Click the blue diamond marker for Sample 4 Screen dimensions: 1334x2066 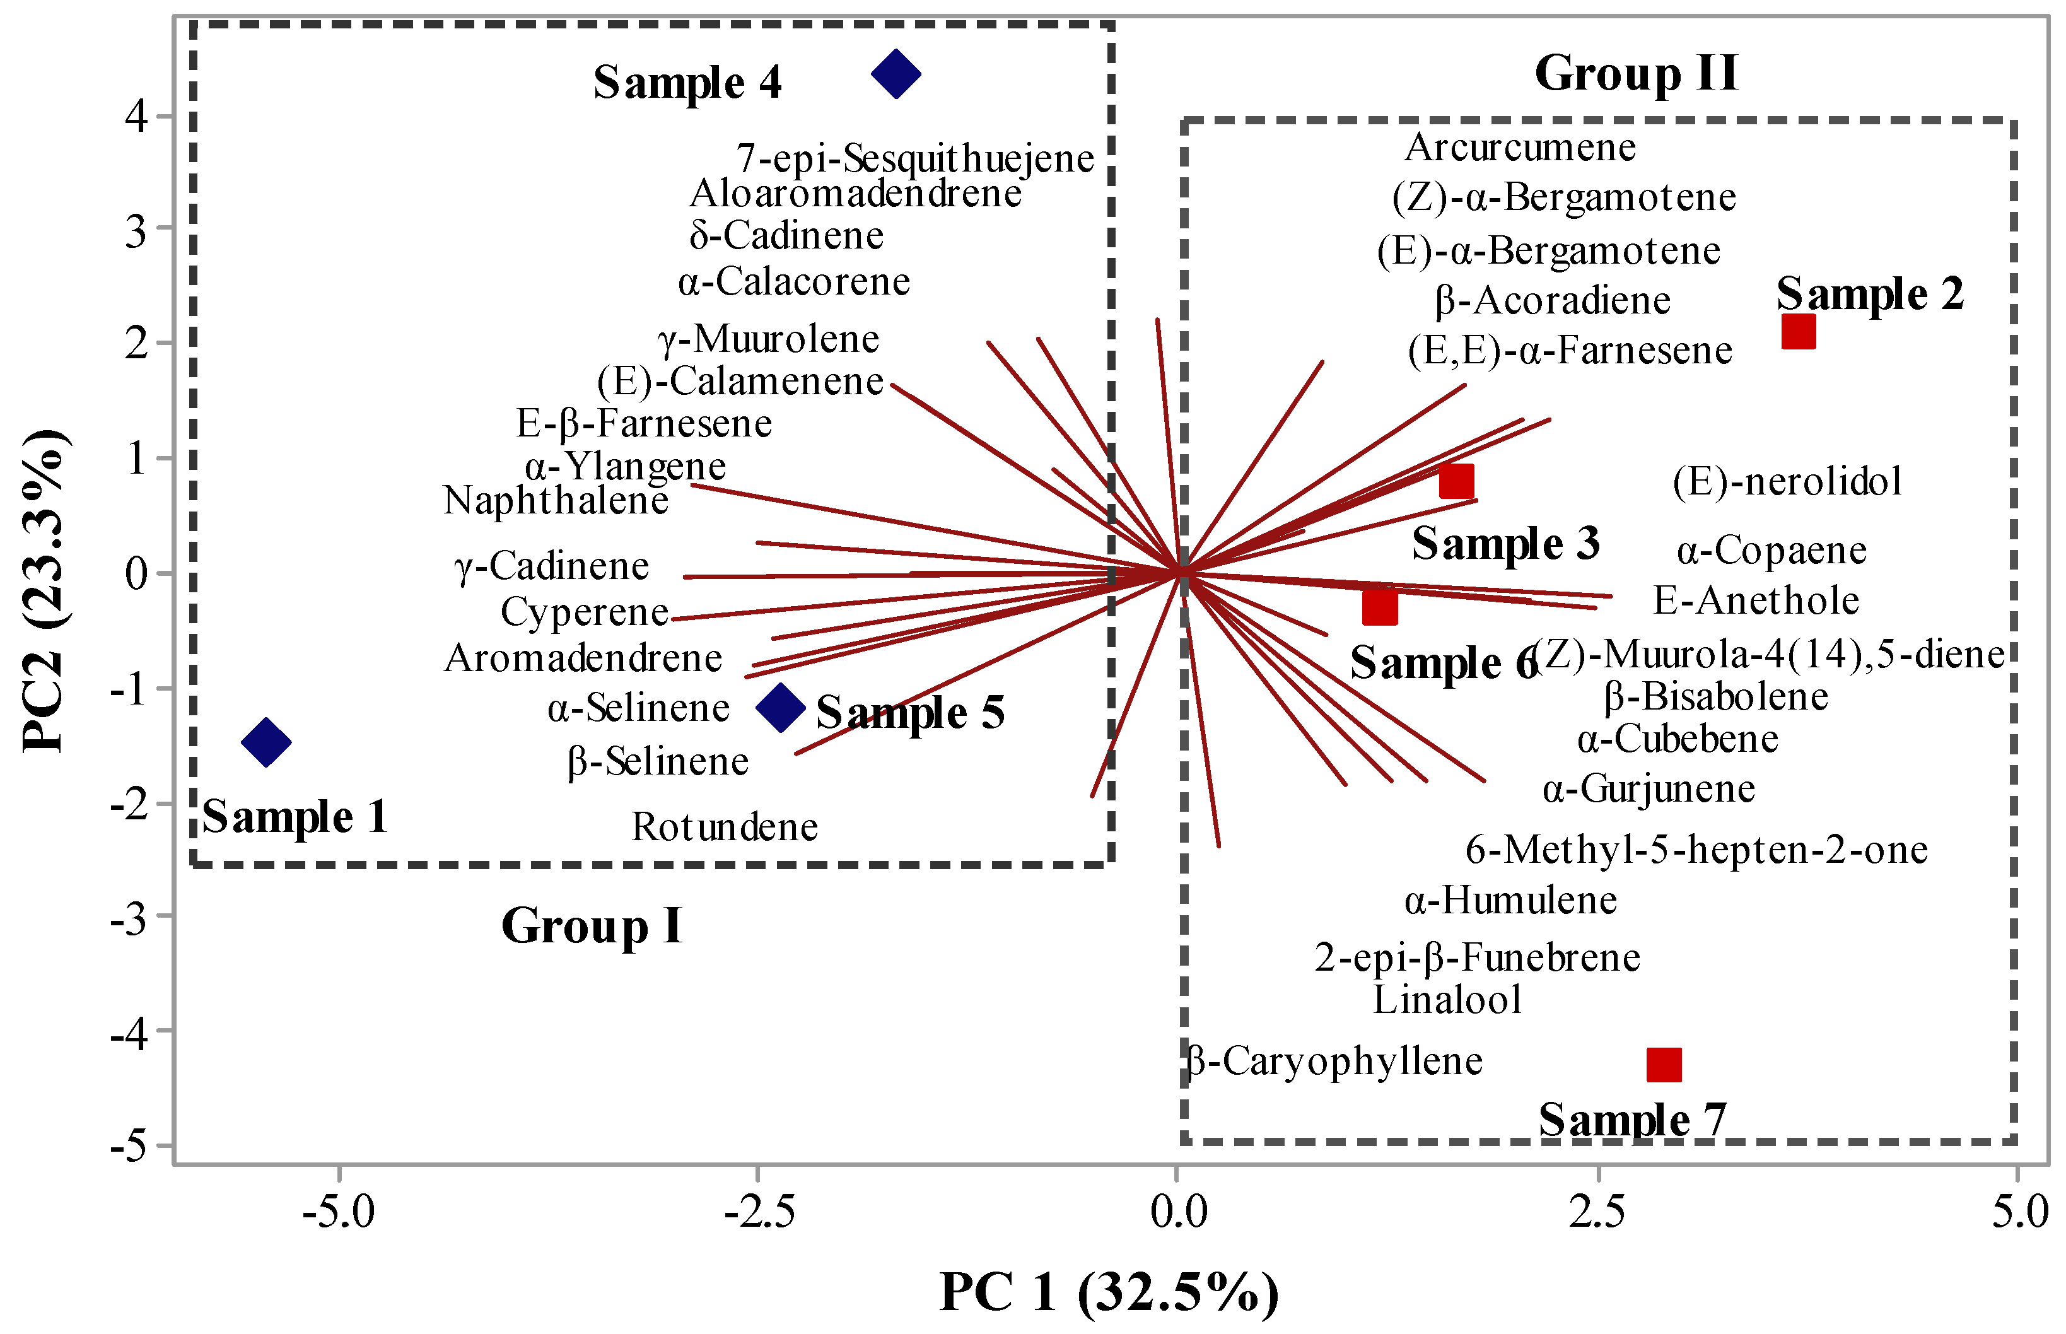[896, 74]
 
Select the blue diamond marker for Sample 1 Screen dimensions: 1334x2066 [266, 742]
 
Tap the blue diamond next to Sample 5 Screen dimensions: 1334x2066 [780, 707]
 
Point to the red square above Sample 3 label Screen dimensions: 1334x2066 [1456, 481]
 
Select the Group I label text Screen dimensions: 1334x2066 [592, 926]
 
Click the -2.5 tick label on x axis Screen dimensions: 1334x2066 [759, 1211]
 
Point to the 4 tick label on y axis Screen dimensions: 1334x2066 [137, 115]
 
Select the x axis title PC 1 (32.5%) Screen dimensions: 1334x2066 [1109, 1292]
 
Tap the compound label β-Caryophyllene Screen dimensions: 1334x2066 [1333, 1061]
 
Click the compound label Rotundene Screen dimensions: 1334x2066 [725, 828]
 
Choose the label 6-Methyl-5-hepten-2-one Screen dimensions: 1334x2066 [1696, 850]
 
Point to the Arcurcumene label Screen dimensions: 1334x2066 [1520, 147]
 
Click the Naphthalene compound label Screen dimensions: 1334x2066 [556, 501]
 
